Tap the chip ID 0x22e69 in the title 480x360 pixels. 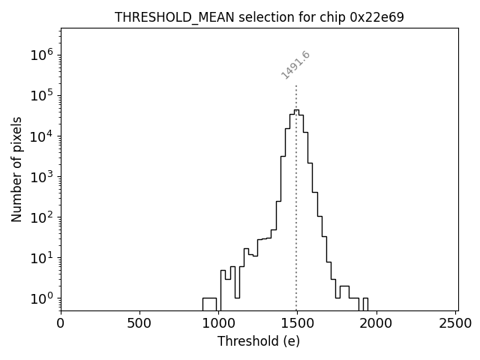(377, 17)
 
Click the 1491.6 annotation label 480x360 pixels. (295, 65)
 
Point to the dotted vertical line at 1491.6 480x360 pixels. (296, 187)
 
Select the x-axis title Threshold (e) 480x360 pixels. (259, 341)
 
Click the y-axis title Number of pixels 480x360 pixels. (16, 169)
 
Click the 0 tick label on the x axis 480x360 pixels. (61, 324)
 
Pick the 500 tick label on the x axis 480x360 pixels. (139, 324)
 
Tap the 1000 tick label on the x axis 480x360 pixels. (218, 324)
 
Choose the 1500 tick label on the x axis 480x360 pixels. (297, 324)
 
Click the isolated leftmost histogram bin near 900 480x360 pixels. (209, 303)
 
